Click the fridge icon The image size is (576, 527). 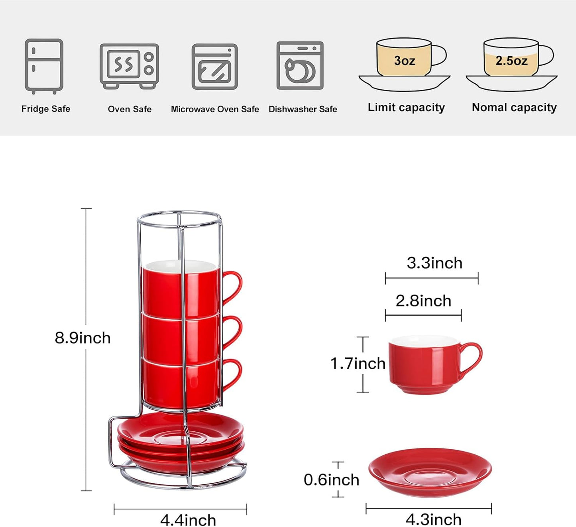click(44, 66)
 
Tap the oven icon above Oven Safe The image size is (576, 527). click(129, 66)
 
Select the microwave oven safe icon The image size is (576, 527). click(214, 67)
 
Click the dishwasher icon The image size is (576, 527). click(300, 66)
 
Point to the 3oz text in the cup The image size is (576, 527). click(404, 61)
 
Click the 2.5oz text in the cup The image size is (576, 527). click(511, 61)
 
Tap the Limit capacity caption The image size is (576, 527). click(406, 107)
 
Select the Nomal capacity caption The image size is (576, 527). click(514, 107)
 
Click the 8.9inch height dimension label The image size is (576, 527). click(83, 338)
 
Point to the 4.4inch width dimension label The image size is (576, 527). click(188, 520)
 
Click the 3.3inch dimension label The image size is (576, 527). click(434, 263)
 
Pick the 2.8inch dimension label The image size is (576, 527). click(423, 301)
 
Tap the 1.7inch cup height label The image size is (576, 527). click(358, 363)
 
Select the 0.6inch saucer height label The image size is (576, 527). click(331, 480)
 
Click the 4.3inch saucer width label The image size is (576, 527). click(433, 519)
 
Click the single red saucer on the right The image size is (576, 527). click(430, 472)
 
